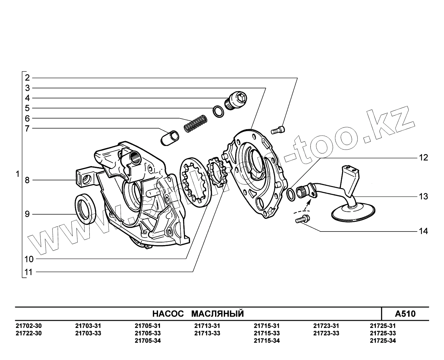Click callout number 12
click(424, 158)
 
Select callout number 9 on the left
click(27, 214)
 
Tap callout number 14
click(424, 231)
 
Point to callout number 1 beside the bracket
click(18, 174)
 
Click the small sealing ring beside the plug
click(219, 112)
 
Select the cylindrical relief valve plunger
click(170, 138)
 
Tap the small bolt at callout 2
click(278, 130)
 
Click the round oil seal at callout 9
click(85, 209)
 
